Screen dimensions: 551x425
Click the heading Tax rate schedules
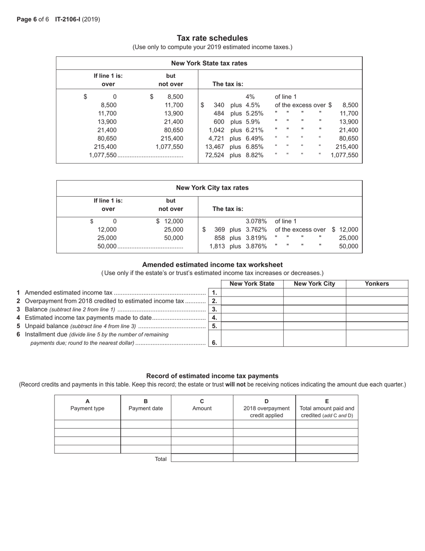click(x=212, y=38)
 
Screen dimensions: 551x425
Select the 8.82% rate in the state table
click(x=255, y=155)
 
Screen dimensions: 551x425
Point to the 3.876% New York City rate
click(x=256, y=246)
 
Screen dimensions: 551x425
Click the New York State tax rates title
click(x=209, y=63)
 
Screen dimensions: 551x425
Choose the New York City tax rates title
click(x=212, y=188)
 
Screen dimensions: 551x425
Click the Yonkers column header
click(x=377, y=284)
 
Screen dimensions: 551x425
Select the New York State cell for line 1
click(x=252, y=293)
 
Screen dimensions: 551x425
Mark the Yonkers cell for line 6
click(x=377, y=338)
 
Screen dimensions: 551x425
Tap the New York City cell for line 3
click(x=314, y=309)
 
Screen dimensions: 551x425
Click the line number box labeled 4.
click(x=214, y=318)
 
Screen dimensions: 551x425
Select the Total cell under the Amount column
click(x=202, y=458)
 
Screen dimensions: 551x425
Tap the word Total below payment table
click(x=161, y=459)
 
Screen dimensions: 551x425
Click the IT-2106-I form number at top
click(x=68, y=19)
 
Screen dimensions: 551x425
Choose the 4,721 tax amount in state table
click(x=216, y=138)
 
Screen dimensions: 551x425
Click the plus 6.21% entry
click(x=246, y=130)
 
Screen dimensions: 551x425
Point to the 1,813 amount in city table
click(x=217, y=246)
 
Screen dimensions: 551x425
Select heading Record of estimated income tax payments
click(x=212, y=376)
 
